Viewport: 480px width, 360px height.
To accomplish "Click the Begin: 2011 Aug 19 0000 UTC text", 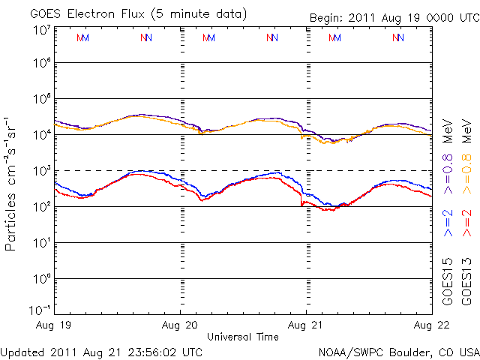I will coord(393,18).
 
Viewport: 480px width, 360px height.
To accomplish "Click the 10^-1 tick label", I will coord(40,310).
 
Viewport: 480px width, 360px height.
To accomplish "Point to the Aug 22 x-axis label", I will coord(430,326).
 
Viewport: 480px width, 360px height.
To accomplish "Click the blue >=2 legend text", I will coord(448,223).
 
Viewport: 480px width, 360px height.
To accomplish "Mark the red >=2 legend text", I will coord(467,223).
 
